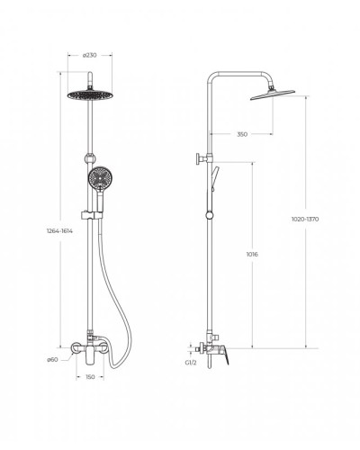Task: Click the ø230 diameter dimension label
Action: [90, 55]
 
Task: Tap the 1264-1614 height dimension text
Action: [59, 231]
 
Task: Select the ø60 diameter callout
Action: [52, 360]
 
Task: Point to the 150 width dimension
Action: [90, 377]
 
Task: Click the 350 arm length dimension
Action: [242, 134]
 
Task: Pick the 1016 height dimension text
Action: [252, 255]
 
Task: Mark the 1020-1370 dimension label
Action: [305, 219]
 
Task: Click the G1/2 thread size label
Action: [191, 363]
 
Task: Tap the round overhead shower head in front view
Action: [90, 94]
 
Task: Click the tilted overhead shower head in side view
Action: [273, 94]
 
